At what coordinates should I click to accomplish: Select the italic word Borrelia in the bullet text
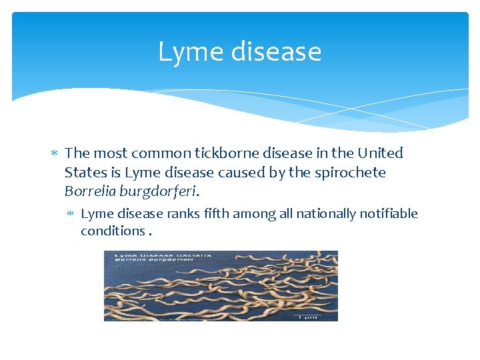coord(89,192)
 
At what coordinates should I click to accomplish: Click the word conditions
coord(112,231)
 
